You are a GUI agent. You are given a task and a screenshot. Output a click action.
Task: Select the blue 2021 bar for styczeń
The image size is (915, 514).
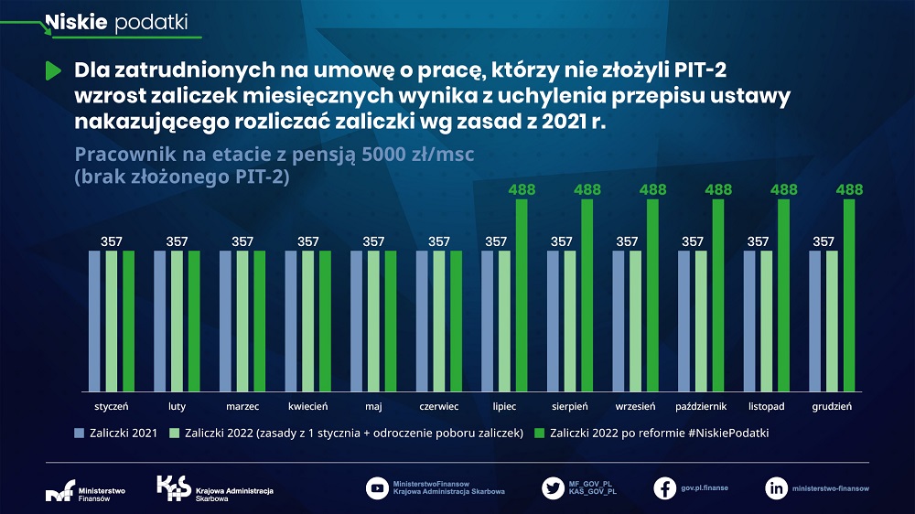coord(94,320)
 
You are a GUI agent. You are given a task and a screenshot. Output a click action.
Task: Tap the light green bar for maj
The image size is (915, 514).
coord(373,320)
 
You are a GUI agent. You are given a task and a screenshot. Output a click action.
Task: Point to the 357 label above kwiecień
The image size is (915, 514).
coord(307,241)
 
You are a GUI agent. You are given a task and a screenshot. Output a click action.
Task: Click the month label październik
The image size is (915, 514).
coord(701,405)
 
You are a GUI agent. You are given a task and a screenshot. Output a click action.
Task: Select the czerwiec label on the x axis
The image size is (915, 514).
coord(438,405)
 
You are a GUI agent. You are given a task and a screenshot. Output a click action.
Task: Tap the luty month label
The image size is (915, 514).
coord(177,405)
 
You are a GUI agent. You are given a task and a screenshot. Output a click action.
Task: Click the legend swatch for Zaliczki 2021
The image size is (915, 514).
coord(80,433)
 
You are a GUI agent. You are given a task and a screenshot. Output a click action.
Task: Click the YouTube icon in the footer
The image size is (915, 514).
coord(377,487)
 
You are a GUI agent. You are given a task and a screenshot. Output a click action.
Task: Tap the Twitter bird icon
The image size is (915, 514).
coord(553,487)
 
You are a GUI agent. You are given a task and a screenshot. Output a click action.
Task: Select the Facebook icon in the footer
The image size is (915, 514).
coord(665,487)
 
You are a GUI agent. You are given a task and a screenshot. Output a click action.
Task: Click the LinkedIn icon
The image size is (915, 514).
coord(776,487)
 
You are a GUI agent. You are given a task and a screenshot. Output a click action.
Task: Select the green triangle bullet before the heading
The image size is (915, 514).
coord(53,70)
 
